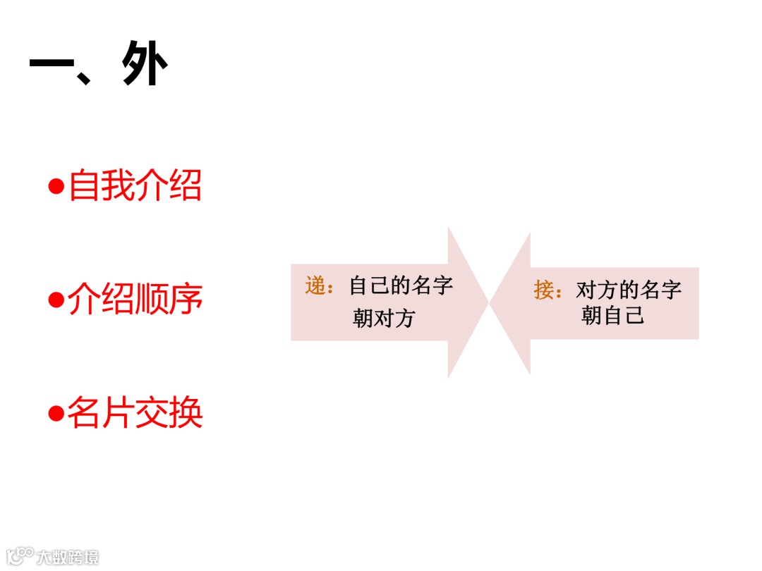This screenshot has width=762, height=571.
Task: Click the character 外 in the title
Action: pyautogui.click(x=145, y=64)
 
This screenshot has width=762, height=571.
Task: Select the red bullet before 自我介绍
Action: pyautogui.click(x=56, y=187)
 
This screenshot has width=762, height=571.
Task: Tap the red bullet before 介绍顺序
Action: pyautogui.click(x=56, y=300)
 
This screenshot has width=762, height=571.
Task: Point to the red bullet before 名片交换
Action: pyautogui.click(x=56, y=413)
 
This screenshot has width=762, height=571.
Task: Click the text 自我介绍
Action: pyautogui.click(x=135, y=186)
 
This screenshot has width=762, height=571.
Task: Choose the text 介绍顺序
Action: pyautogui.click(x=135, y=299)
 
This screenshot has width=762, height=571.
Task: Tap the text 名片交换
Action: pyautogui.click(x=135, y=412)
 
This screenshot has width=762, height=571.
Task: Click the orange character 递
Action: pyautogui.click(x=316, y=285)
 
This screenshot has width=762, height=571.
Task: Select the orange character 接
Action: pyautogui.click(x=545, y=289)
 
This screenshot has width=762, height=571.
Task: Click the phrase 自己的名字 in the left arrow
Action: pyautogui.click(x=401, y=285)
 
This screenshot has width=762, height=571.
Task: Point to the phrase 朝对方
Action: pyautogui.click(x=384, y=319)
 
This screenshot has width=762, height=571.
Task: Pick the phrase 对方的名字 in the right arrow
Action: pyautogui.click(x=629, y=289)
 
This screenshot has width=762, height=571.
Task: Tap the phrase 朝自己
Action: pyautogui.click(x=612, y=315)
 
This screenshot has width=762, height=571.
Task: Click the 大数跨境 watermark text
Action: pyautogui.click(x=68, y=557)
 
